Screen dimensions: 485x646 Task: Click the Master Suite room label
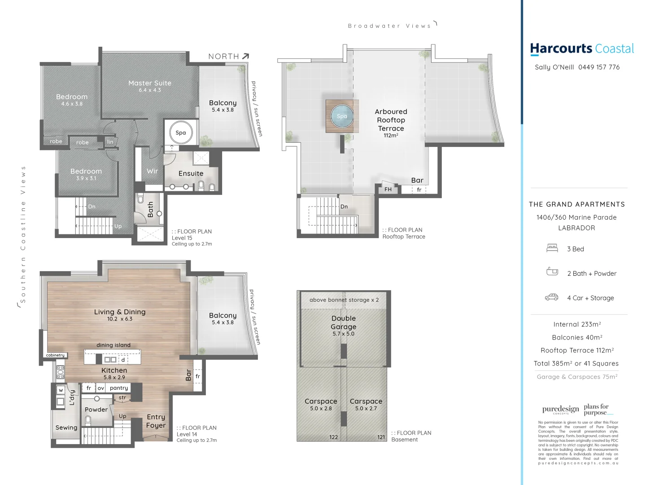point(150,83)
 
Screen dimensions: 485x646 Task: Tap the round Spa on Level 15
point(181,132)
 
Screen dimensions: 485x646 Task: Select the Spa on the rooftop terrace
point(342,116)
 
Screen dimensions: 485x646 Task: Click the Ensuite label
point(191,173)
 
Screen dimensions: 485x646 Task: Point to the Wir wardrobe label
point(152,171)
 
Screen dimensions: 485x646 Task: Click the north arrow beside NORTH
point(245,56)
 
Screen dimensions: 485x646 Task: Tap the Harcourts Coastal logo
point(582,48)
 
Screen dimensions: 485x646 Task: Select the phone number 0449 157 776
point(599,67)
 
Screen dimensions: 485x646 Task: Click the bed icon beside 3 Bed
point(552,248)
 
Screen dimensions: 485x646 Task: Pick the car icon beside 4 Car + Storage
point(551,297)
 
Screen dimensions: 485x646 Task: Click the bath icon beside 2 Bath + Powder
point(552,272)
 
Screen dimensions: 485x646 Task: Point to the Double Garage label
point(344,322)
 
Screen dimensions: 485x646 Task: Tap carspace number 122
point(333,437)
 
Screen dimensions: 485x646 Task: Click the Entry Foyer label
point(156,421)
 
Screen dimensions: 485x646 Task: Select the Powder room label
point(96,410)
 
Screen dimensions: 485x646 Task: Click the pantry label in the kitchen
point(119,388)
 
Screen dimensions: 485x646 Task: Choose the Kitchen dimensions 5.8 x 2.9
point(114,378)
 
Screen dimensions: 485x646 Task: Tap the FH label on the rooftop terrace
point(388,190)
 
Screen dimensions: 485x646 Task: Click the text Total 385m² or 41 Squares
point(576,364)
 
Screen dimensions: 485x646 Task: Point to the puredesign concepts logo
point(560,410)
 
